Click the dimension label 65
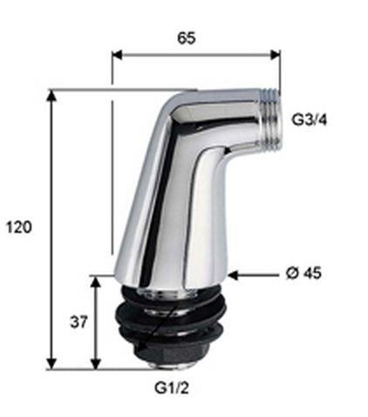[x=187, y=38]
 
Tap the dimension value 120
[x=19, y=227]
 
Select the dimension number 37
[x=78, y=322]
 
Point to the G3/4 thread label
[x=310, y=120]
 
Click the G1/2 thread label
[x=172, y=387]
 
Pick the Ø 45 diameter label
[x=303, y=273]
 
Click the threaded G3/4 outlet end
[x=270, y=120]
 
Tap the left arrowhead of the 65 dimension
[x=118, y=55]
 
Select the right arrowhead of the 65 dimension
[x=275, y=55]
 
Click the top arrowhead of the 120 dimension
[x=51, y=96]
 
